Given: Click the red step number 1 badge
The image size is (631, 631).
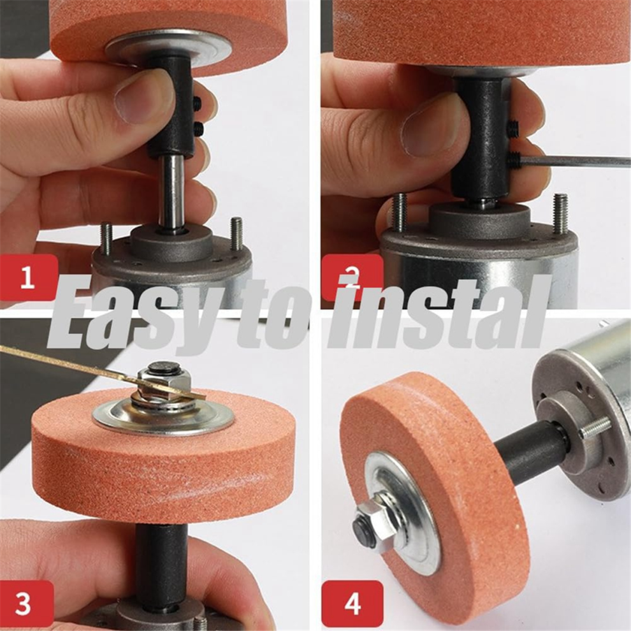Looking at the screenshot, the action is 28,277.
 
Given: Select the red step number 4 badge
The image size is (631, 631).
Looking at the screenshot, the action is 352,603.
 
